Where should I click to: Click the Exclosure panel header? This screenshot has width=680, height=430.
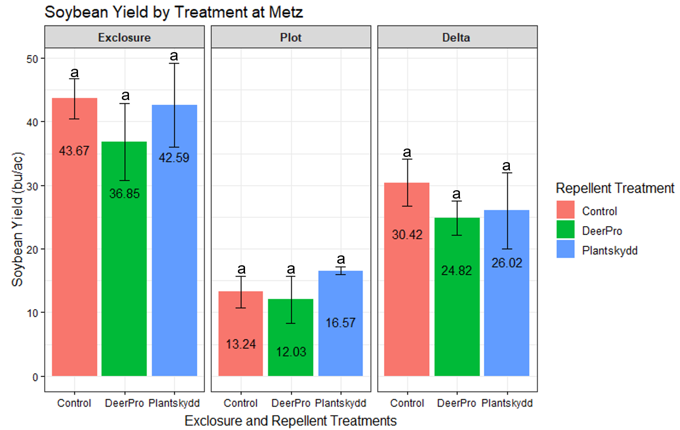coord(124,38)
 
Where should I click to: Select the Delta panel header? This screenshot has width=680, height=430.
coord(457,38)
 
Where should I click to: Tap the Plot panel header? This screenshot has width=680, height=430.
coord(291,38)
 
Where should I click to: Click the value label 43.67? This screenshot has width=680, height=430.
coord(74,151)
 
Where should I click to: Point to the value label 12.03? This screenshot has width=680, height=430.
coord(291,352)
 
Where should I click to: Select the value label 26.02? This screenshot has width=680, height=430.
coord(506,263)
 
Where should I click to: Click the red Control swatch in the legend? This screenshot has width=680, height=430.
coord(566,211)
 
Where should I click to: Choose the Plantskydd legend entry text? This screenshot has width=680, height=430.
coord(610,250)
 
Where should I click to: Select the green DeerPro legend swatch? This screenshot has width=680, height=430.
coord(566,230)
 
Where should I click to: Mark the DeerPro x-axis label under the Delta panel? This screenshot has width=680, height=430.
coord(457,403)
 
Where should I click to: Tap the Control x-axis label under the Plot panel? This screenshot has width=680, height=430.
coord(241,403)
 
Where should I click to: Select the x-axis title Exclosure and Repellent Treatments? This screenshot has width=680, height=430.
coord(291,421)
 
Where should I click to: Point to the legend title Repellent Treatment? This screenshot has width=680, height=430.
coord(615,188)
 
